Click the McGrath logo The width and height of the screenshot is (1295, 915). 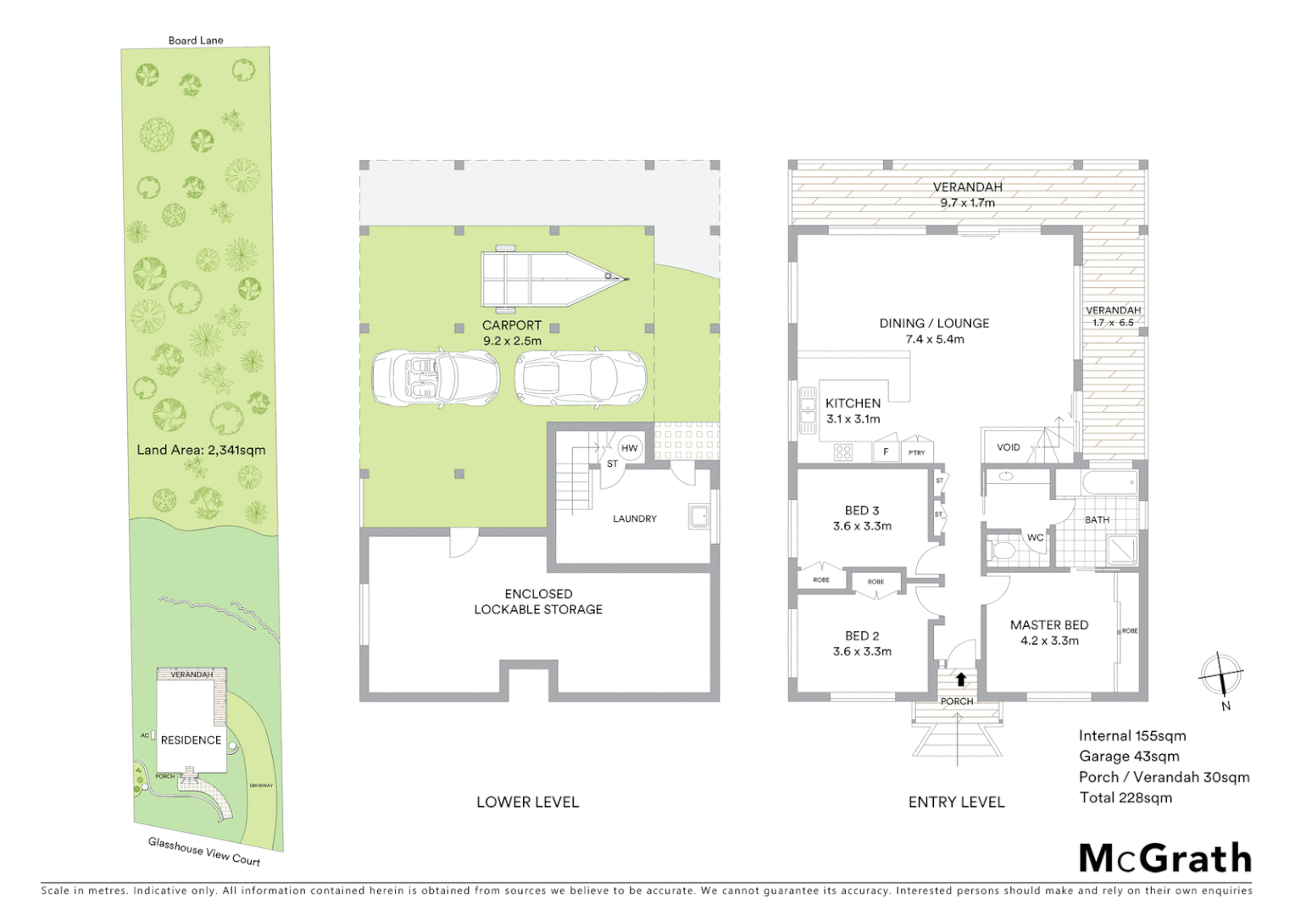pyautogui.click(x=1164, y=858)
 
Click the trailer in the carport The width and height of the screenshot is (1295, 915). pyautogui.click(x=551, y=277)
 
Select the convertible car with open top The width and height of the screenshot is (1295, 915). pyautogui.click(x=436, y=378)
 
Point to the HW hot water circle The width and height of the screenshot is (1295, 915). pyautogui.click(x=630, y=448)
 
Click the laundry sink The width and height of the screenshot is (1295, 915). pyautogui.click(x=698, y=516)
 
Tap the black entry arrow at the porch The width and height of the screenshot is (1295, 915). pyautogui.click(x=961, y=679)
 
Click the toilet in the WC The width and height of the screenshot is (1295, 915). pyautogui.click(x=1003, y=552)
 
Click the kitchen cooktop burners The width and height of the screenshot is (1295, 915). pyautogui.click(x=843, y=452)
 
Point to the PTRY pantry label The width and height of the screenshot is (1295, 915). pyautogui.click(x=917, y=452)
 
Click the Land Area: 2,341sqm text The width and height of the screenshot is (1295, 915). pyautogui.click(x=201, y=450)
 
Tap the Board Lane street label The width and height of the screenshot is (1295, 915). pyautogui.click(x=196, y=40)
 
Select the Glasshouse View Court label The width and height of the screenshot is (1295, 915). pyautogui.click(x=204, y=851)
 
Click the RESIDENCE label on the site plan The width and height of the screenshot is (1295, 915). pyautogui.click(x=191, y=740)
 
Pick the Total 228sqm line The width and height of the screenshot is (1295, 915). pyautogui.click(x=1125, y=797)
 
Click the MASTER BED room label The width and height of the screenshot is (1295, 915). pyautogui.click(x=1049, y=625)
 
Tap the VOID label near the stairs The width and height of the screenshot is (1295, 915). pyautogui.click(x=1009, y=447)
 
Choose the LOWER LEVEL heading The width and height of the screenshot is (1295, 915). pyautogui.click(x=527, y=801)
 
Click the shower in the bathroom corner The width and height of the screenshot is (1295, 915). pyautogui.click(x=1122, y=550)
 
